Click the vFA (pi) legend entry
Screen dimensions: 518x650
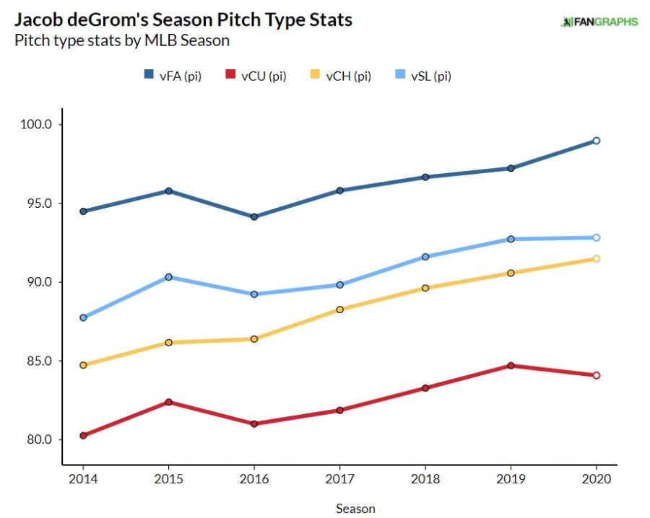click(172, 76)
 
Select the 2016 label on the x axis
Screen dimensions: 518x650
click(254, 479)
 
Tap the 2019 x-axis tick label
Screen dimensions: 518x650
click(511, 479)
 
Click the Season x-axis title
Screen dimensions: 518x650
click(355, 509)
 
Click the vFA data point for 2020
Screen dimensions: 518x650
click(597, 141)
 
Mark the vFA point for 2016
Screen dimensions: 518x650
click(254, 217)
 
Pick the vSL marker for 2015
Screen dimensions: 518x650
click(168, 277)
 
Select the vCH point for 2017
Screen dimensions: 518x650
click(339, 310)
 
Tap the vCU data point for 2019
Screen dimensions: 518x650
click(511, 365)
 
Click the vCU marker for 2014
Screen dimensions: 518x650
click(83, 436)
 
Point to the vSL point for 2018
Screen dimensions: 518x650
click(425, 257)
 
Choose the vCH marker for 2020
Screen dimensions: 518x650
click(597, 259)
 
